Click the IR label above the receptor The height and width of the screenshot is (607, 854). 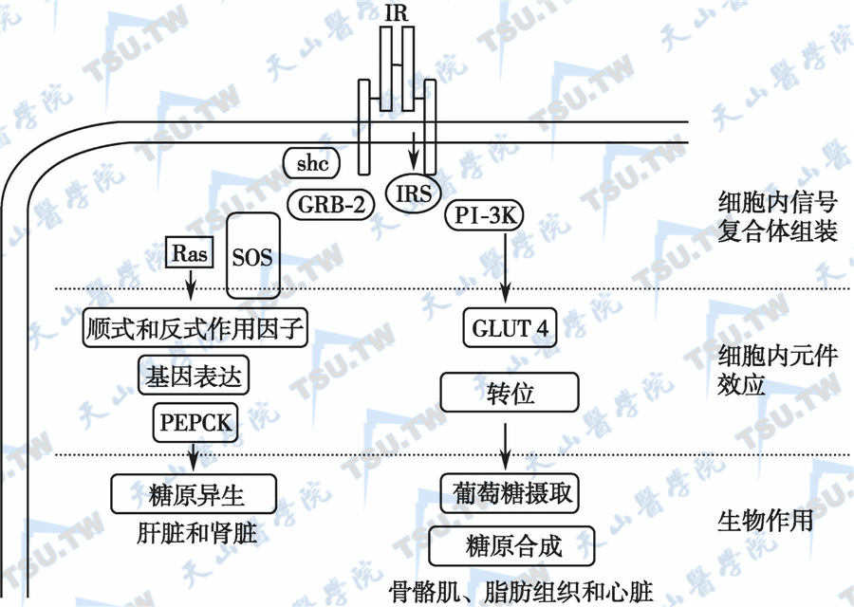(397, 12)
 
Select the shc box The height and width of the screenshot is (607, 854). (311, 164)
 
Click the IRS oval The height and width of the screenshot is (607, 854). (414, 194)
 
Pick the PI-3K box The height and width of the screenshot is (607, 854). (484, 216)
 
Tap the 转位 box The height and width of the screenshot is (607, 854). (509, 391)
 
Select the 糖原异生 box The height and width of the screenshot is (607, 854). (195, 493)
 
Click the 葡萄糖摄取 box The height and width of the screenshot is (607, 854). (511, 493)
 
